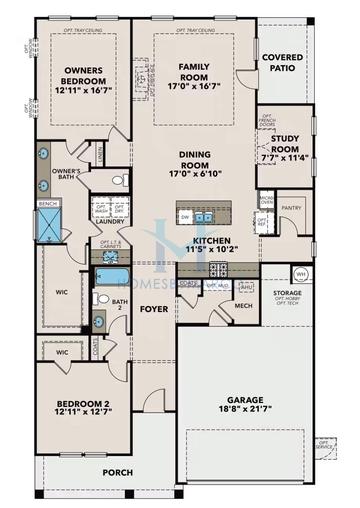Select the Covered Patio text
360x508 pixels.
click(x=283, y=63)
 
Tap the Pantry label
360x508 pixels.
click(x=291, y=208)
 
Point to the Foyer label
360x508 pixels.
click(x=153, y=309)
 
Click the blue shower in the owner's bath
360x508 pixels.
click(x=48, y=222)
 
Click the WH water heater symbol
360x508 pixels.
click(x=299, y=274)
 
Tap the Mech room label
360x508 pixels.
click(x=242, y=306)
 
